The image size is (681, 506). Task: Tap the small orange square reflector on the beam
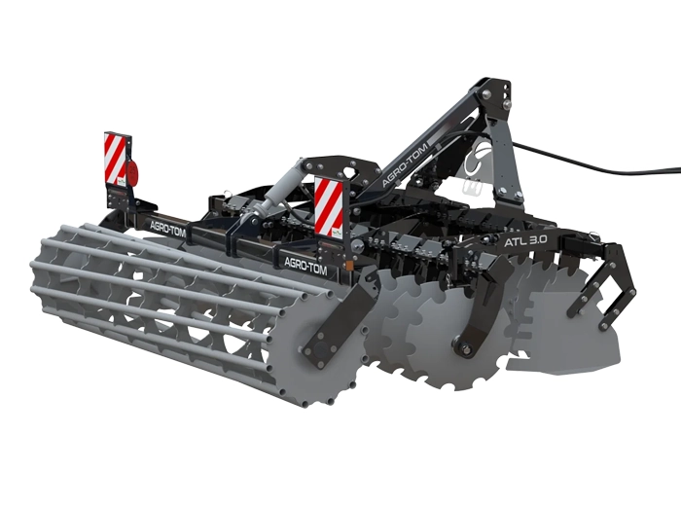[347, 264]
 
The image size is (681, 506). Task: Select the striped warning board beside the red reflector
[115, 159]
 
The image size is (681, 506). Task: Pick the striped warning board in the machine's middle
[329, 206]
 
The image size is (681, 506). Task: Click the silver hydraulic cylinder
[279, 184]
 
